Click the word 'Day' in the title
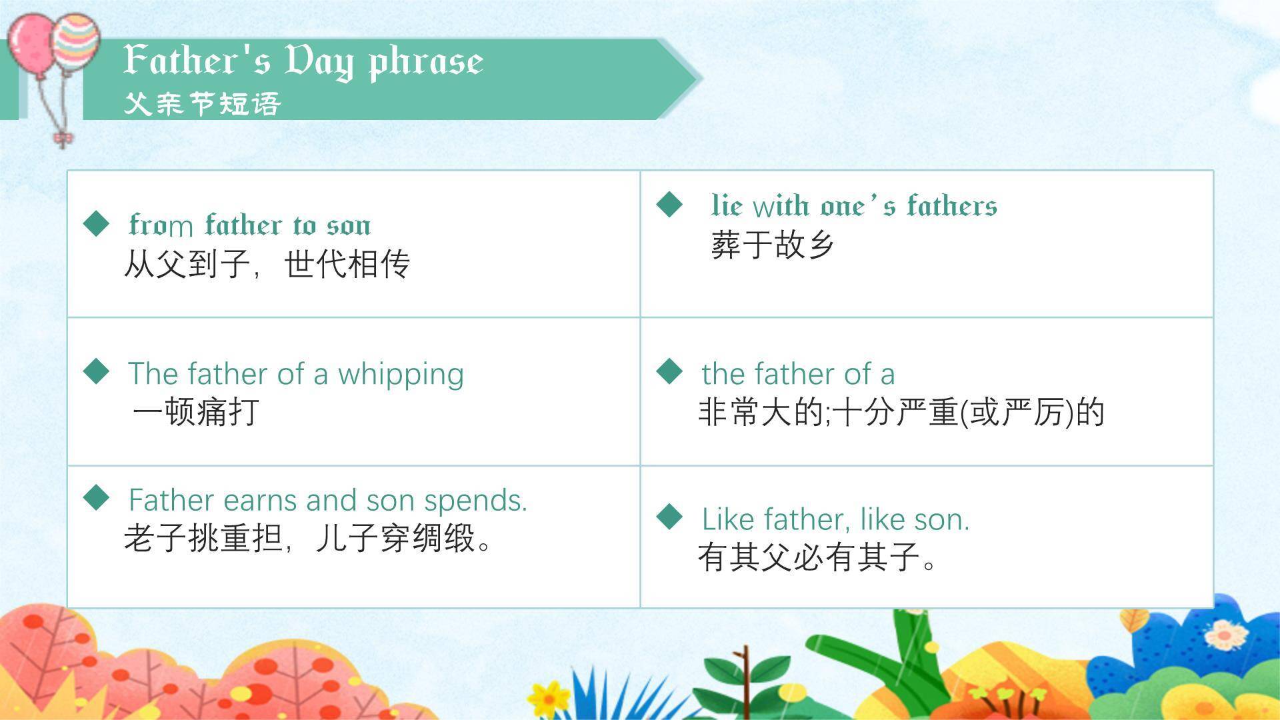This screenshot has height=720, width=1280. click(318, 61)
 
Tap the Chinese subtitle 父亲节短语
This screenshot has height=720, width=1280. click(202, 104)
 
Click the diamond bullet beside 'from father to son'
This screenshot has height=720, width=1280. click(97, 223)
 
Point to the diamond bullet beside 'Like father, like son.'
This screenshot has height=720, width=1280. click(669, 517)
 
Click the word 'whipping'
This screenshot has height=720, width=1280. click(400, 375)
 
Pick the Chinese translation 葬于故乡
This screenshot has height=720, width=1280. click(772, 245)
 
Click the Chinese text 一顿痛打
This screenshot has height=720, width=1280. click(195, 411)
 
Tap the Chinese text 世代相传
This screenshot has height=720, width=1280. click(347, 264)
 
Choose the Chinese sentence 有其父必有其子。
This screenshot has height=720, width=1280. click(817, 557)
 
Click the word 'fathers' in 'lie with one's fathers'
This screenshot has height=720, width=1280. click(951, 205)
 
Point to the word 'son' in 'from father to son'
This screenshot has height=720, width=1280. click(348, 226)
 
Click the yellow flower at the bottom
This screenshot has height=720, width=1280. click(548, 697)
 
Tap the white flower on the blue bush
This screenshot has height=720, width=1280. click(1225, 634)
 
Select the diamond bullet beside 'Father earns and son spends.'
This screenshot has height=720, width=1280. click(97, 497)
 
